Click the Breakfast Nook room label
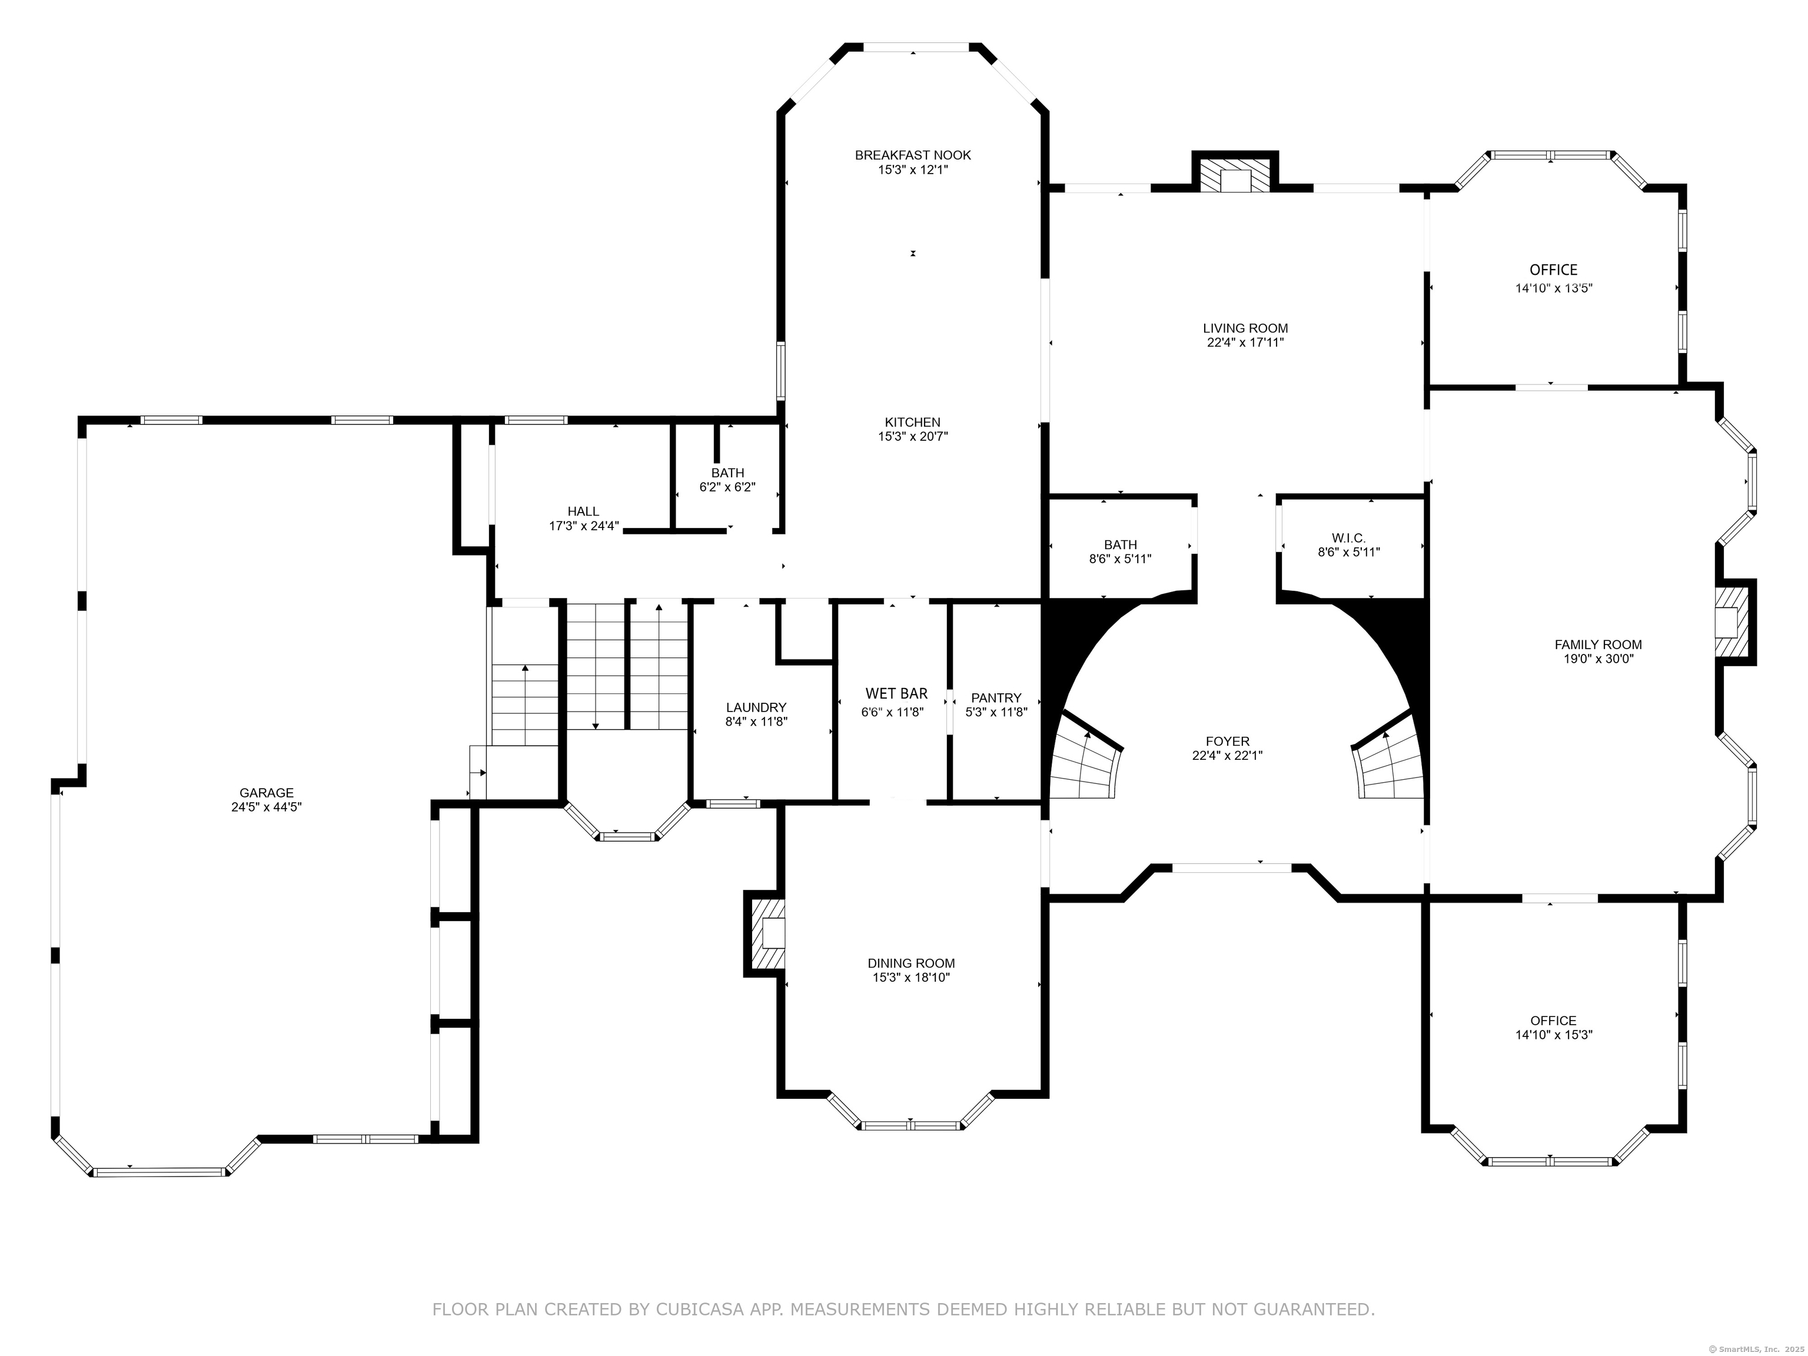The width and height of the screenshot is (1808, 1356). click(x=912, y=155)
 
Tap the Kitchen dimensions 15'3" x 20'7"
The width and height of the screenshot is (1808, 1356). click(x=912, y=437)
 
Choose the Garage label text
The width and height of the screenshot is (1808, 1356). click(x=267, y=793)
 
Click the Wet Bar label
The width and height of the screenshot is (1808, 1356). click(x=897, y=694)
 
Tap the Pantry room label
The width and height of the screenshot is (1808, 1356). click(x=996, y=698)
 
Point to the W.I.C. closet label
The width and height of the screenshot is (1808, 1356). click(x=1349, y=538)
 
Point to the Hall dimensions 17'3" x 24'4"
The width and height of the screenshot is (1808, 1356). click(x=584, y=526)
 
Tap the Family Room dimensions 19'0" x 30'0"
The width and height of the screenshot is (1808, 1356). click(x=1598, y=659)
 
